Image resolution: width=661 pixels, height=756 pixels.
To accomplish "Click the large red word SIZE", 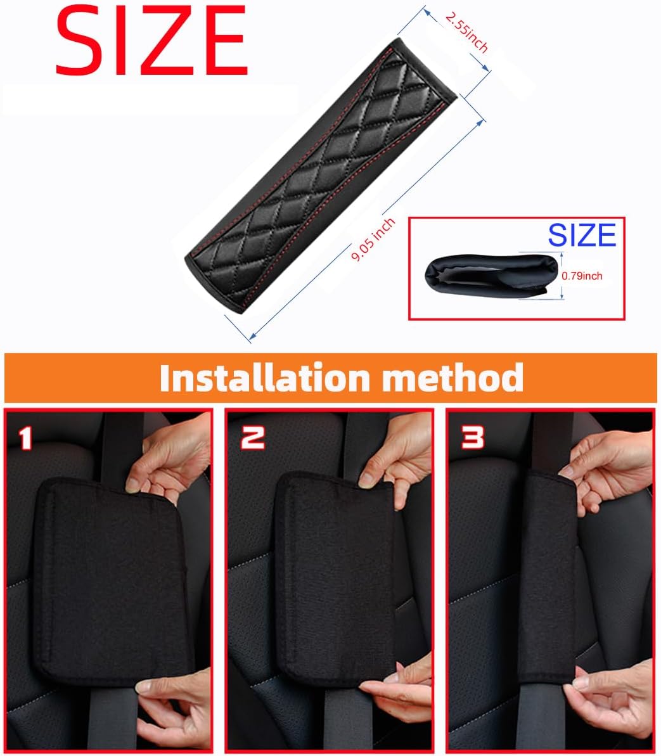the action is (151, 40).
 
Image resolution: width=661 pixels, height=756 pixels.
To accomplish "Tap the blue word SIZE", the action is (582, 235).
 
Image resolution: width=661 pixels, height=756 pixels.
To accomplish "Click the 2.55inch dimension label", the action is (466, 32).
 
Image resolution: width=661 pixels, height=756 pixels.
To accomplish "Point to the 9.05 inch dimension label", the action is (373, 240).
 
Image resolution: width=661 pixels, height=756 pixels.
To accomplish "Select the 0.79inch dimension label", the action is (582, 276).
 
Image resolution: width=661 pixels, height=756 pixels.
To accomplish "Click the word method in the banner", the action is (452, 378).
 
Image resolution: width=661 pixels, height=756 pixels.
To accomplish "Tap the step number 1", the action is (25, 438).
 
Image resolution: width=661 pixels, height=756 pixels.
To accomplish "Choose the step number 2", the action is (253, 437).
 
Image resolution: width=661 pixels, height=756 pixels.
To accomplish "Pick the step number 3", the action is (473, 437).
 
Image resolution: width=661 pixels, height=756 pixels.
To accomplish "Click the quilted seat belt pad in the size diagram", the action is (321, 176).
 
